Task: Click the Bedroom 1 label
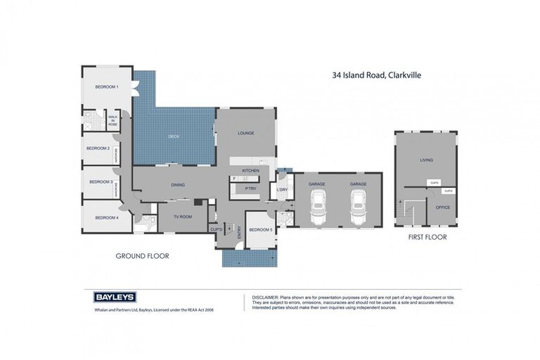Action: [x=107, y=86]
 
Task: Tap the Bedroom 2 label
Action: [x=98, y=148]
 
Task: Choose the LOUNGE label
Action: [x=245, y=133]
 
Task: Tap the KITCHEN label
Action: [x=251, y=171]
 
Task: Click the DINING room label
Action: [x=178, y=185]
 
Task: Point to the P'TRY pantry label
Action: [x=250, y=188]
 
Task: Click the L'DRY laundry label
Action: [x=283, y=190]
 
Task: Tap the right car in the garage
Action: [x=359, y=207]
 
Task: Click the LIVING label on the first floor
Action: [x=426, y=160]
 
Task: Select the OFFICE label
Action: [x=442, y=207]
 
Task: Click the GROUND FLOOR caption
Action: [x=142, y=257]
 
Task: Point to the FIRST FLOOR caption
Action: [x=427, y=238]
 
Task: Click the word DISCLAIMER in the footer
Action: [x=266, y=297]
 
